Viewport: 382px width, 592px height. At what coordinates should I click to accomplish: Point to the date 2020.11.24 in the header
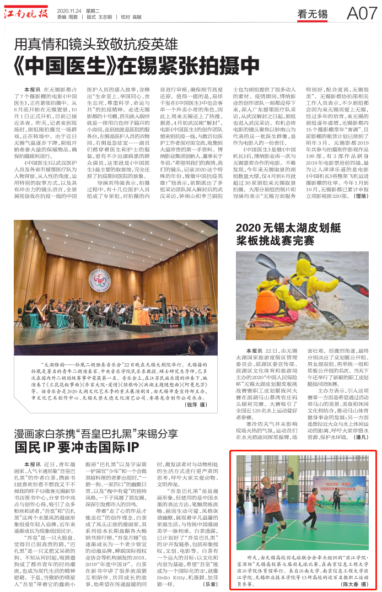68,9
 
